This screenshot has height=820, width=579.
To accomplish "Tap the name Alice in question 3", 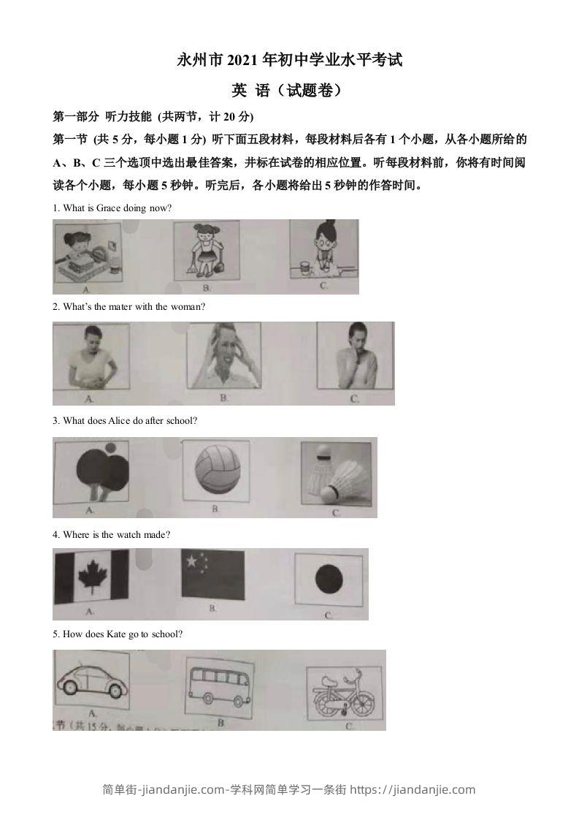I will pos(119,421).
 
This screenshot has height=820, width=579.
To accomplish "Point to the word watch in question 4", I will pos(128,535).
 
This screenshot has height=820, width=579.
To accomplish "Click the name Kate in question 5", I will pos(121,634).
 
